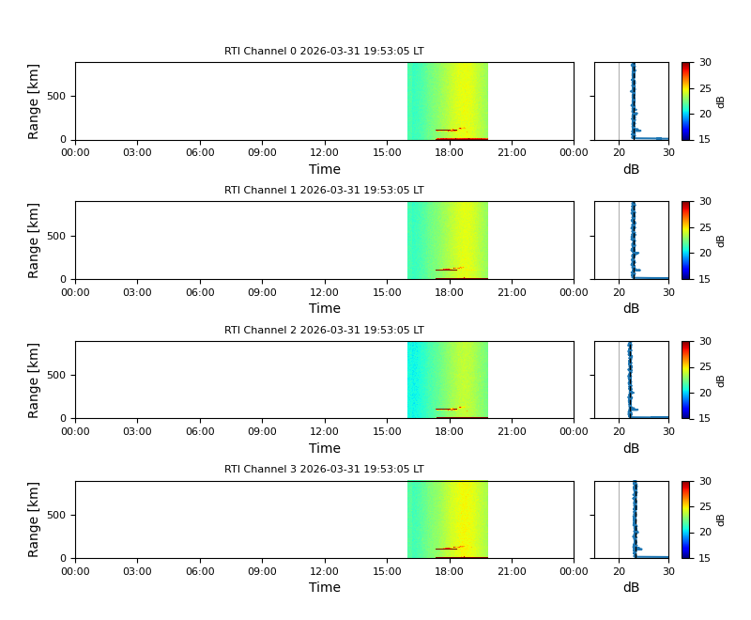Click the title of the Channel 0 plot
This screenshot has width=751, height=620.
point(324,52)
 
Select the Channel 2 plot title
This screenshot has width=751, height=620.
point(324,331)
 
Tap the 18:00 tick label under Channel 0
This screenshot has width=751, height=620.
point(449,152)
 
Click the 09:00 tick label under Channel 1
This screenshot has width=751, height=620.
point(262,292)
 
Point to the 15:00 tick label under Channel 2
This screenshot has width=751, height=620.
point(387,431)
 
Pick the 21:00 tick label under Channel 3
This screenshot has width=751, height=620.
point(511,571)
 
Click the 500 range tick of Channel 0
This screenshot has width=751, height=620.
point(58,96)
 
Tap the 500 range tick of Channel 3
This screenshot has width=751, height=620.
point(58,515)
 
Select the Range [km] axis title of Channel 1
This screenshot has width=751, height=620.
point(34,240)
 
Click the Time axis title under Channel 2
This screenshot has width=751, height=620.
point(324,448)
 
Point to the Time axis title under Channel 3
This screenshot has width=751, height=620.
point(324,588)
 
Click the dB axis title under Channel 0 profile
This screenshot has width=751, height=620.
point(631,170)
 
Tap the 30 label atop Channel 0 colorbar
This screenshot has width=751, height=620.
point(704,63)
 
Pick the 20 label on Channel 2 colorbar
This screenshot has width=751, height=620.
point(704,393)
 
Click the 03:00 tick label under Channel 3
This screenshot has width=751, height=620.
point(137,571)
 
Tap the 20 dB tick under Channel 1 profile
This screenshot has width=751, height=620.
point(620,292)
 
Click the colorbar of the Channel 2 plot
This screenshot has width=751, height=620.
point(685,380)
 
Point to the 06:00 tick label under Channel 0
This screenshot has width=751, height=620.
point(200,152)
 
